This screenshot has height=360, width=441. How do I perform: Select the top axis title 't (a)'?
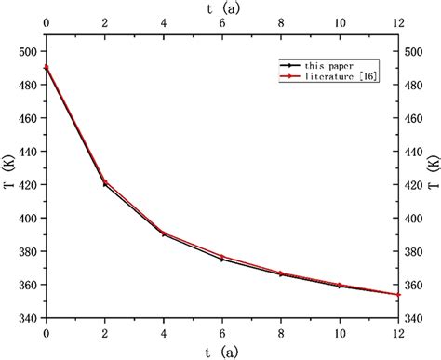tap(221, 7)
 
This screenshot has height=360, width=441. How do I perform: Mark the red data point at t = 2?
tap(105, 182)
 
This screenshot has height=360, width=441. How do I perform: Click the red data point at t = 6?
tap(222, 257)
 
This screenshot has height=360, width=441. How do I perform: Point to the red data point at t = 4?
tap(164, 233)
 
